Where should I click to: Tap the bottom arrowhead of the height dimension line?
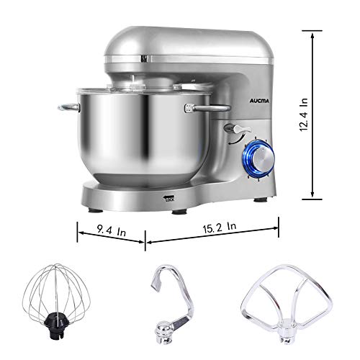[312, 194]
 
